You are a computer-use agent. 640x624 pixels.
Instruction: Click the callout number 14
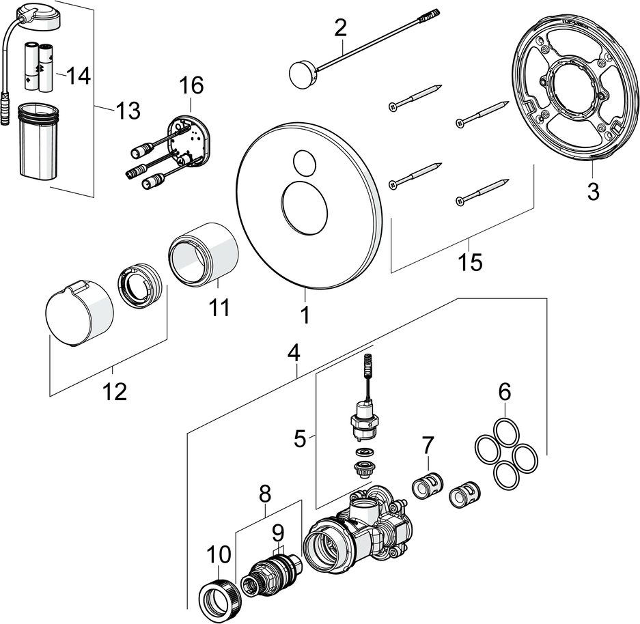pyautogui.click(x=79, y=76)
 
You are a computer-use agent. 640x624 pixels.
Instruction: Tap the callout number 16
pyautogui.click(x=191, y=86)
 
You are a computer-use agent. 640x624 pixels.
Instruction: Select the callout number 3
pyautogui.click(x=593, y=192)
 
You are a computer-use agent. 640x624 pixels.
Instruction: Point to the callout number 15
pyautogui.click(x=471, y=261)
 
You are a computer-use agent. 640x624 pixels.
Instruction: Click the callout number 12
pyautogui.click(x=115, y=392)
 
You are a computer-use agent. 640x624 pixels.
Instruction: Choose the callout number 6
pyautogui.click(x=504, y=392)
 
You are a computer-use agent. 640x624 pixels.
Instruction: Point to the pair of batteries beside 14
pyautogui.click(x=40, y=68)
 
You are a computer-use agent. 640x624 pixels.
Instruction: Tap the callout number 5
pyautogui.click(x=300, y=438)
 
